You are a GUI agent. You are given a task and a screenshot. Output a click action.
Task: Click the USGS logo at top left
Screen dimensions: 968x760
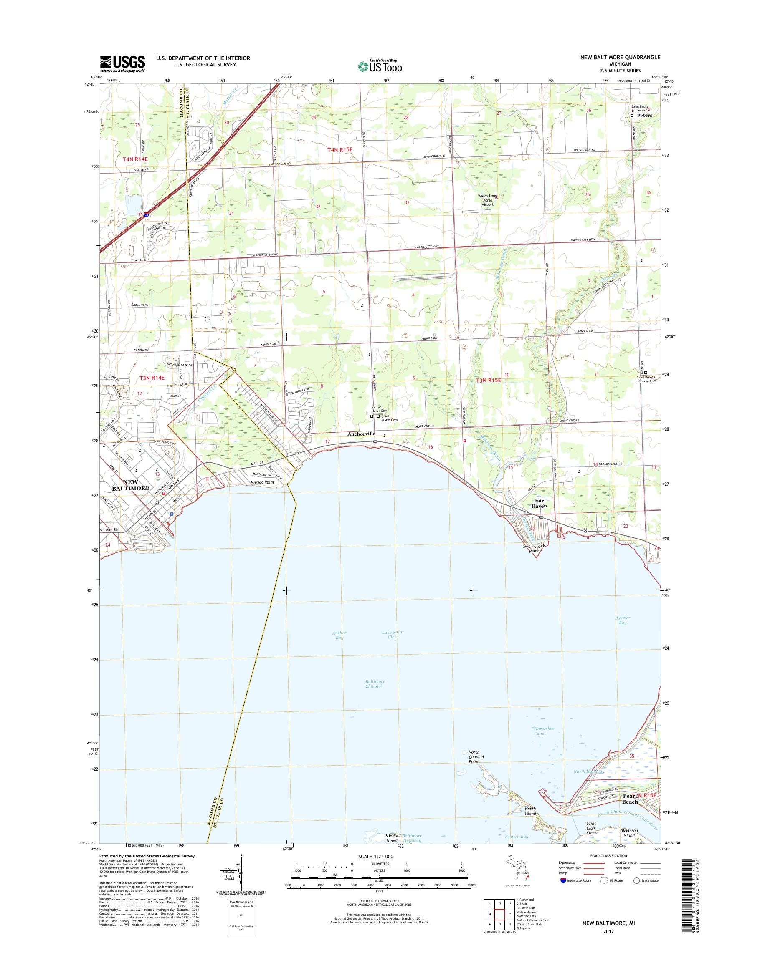[122, 63]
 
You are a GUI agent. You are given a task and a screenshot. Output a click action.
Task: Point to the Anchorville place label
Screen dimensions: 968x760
[361, 433]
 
